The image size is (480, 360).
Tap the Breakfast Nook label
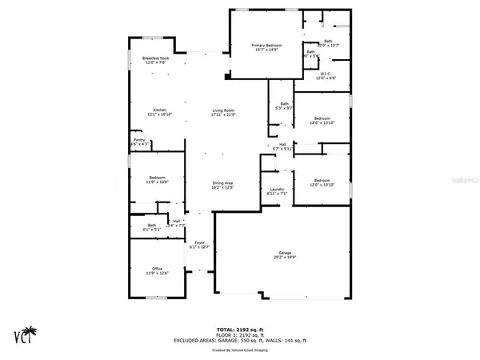154,58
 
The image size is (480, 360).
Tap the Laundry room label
277,189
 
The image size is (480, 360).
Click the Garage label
284,251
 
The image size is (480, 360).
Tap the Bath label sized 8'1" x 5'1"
151,226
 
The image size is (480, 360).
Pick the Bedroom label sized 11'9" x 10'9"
157,177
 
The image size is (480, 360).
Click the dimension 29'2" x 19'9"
284,256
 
